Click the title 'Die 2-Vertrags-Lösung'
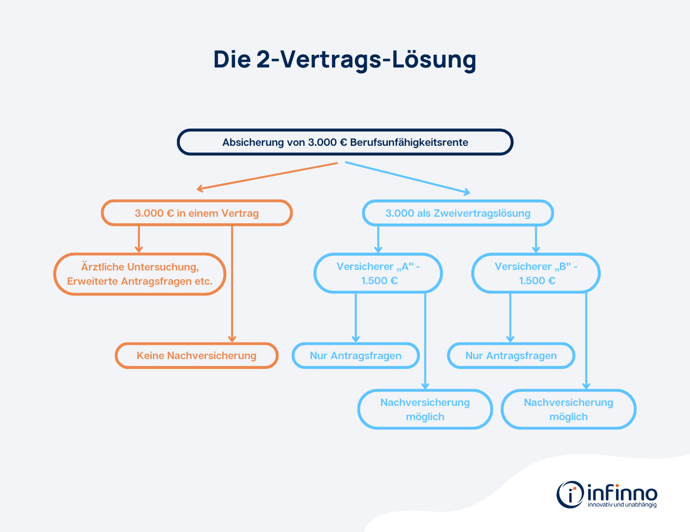click(345, 60)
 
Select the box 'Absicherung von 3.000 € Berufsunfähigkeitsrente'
click(345, 142)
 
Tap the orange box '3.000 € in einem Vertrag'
click(197, 213)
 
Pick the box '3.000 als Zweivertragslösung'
click(458, 213)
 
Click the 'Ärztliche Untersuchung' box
click(140, 274)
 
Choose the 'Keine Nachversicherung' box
click(197, 356)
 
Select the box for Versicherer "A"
click(378, 273)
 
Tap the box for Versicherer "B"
click(536, 273)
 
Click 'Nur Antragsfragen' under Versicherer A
click(355, 356)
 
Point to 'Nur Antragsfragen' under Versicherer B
click(511, 356)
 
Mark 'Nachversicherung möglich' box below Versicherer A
click(425, 409)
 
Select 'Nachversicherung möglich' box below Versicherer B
click(568, 409)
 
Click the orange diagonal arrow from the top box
click(266, 176)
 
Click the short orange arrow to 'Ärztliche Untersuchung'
click(139, 239)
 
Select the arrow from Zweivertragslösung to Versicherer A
click(378, 239)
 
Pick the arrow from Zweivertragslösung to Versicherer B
click(536, 239)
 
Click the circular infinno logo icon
click(570, 494)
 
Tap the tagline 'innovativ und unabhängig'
click(622, 505)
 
